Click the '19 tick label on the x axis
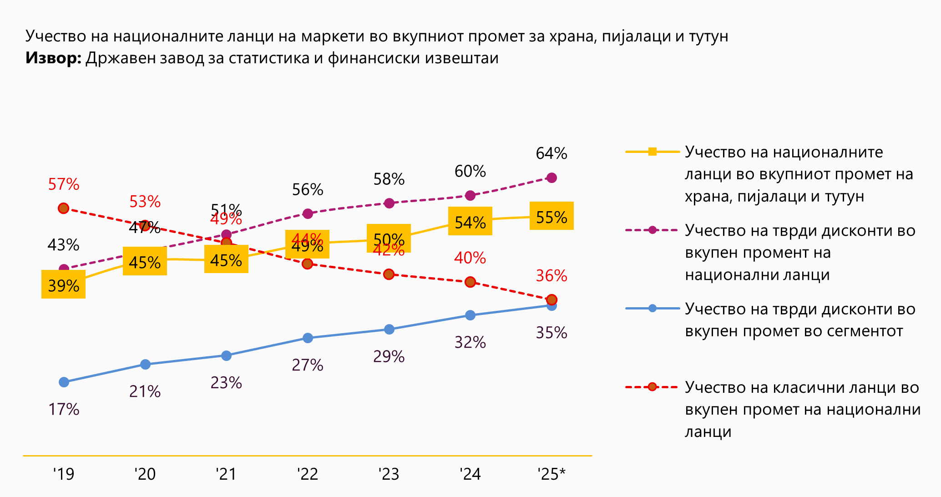[64, 474]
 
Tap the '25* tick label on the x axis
[551, 474]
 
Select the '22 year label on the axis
[308, 474]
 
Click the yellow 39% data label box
[63, 284]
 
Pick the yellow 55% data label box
[551, 216]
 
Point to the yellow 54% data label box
[470, 221]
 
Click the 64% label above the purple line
[551, 153]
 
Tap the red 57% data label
[64, 184]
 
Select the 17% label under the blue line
[64, 410]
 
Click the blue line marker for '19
[64, 382]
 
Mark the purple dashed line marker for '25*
[551, 177]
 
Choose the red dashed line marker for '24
[470, 282]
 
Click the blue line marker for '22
[308, 338]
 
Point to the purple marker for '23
[389, 203]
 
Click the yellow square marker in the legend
[652, 152]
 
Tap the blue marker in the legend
[652, 308]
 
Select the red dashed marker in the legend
[652, 387]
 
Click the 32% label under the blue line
[470, 342]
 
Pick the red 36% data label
[551, 276]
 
